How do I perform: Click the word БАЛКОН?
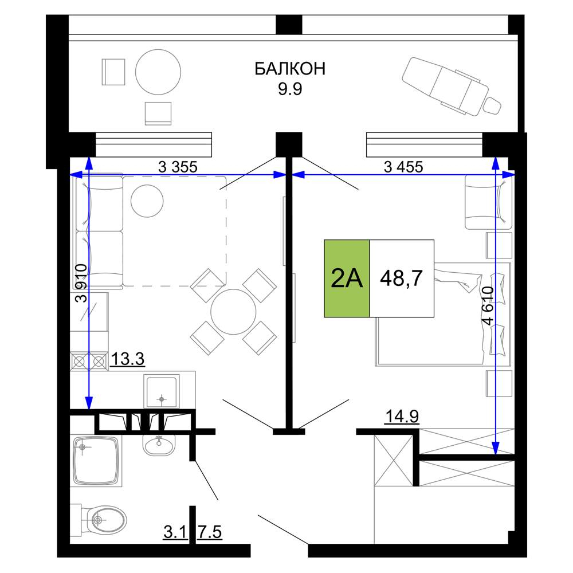(x=290, y=69)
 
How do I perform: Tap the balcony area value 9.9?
(x=290, y=89)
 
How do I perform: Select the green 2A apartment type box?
(x=347, y=278)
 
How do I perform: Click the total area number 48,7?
(x=401, y=278)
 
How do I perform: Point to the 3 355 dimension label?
(x=178, y=167)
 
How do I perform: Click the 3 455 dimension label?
(x=403, y=167)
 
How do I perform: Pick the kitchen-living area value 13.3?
(x=127, y=359)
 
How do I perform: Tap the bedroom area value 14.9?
(x=402, y=416)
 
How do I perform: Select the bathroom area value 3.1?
(x=175, y=532)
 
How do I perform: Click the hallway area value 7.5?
(x=210, y=532)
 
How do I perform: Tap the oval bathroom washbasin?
(x=159, y=445)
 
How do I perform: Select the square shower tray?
(x=96, y=461)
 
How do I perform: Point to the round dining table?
(x=233, y=312)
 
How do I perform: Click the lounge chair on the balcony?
(x=452, y=87)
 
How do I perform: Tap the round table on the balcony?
(x=158, y=72)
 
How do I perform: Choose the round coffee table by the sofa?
(x=147, y=201)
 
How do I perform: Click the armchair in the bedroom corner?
(x=488, y=202)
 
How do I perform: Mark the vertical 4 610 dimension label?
(x=488, y=305)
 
